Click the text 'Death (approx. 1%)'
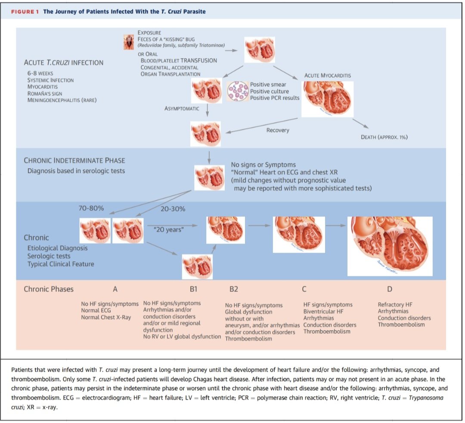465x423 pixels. point(384,137)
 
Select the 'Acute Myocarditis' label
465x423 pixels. point(327,75)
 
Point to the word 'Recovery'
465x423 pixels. point(278,130)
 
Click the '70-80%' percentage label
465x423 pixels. point(91,209)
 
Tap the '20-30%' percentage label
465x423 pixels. point(173,209)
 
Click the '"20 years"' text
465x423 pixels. point(168,230)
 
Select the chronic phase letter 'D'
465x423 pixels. point(390,288)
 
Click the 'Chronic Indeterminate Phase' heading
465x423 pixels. point(74,160)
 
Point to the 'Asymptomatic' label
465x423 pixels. point(182,109)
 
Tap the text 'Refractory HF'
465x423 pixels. point(392,305)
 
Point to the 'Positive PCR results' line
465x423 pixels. point(275,98)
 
